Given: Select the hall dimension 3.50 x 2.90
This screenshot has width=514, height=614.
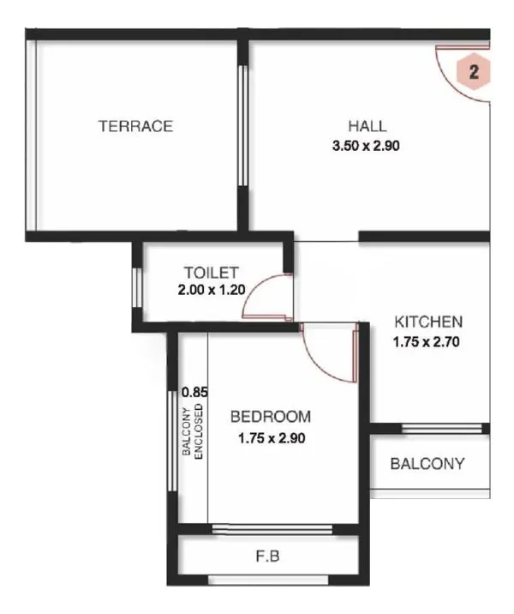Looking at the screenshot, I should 367,146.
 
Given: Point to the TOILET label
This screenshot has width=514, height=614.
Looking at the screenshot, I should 212,273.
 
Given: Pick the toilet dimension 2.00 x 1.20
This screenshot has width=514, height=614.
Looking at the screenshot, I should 212,290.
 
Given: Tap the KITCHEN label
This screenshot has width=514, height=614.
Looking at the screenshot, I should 428,322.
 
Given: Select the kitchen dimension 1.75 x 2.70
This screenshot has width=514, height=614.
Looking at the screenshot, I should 428,341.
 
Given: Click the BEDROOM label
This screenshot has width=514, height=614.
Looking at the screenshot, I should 271,418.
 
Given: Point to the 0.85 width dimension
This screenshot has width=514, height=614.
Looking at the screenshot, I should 195,392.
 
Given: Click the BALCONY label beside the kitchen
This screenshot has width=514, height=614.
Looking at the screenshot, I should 427,464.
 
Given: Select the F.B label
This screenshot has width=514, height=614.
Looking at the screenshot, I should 268,557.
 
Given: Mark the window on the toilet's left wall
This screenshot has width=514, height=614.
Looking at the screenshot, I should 136,288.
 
